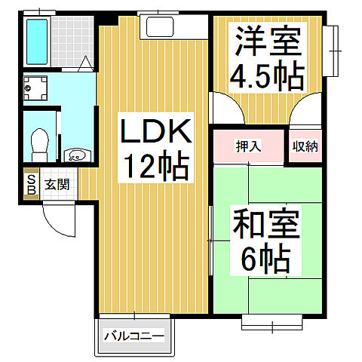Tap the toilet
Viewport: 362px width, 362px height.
coord(40,140)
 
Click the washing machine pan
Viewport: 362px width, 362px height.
coord(35,90)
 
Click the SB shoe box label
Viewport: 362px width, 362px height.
coord(31,185)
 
